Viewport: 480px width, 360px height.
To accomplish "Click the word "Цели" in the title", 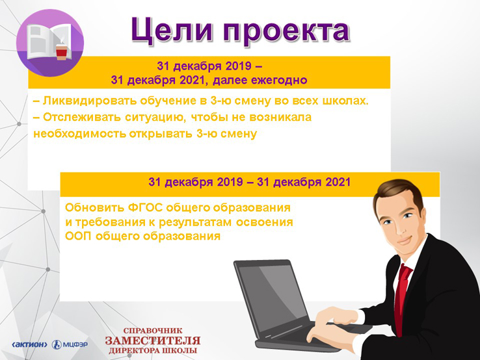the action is click(172, 31).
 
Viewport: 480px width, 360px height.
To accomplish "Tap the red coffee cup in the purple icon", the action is click(61, 51).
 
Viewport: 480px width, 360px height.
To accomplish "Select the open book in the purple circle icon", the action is click(49, 41).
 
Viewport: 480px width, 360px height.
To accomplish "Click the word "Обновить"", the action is click(94, 208).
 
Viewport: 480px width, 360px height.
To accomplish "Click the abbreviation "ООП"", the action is click(78, 236).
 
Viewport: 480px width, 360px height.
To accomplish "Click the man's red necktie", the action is click(402, 294).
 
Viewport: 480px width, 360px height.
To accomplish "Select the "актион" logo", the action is click(29, 344).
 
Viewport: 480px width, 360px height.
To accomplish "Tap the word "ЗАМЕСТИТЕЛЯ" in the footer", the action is click(153, 341).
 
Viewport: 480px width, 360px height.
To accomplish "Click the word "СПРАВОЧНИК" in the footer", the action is click(153, 331).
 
